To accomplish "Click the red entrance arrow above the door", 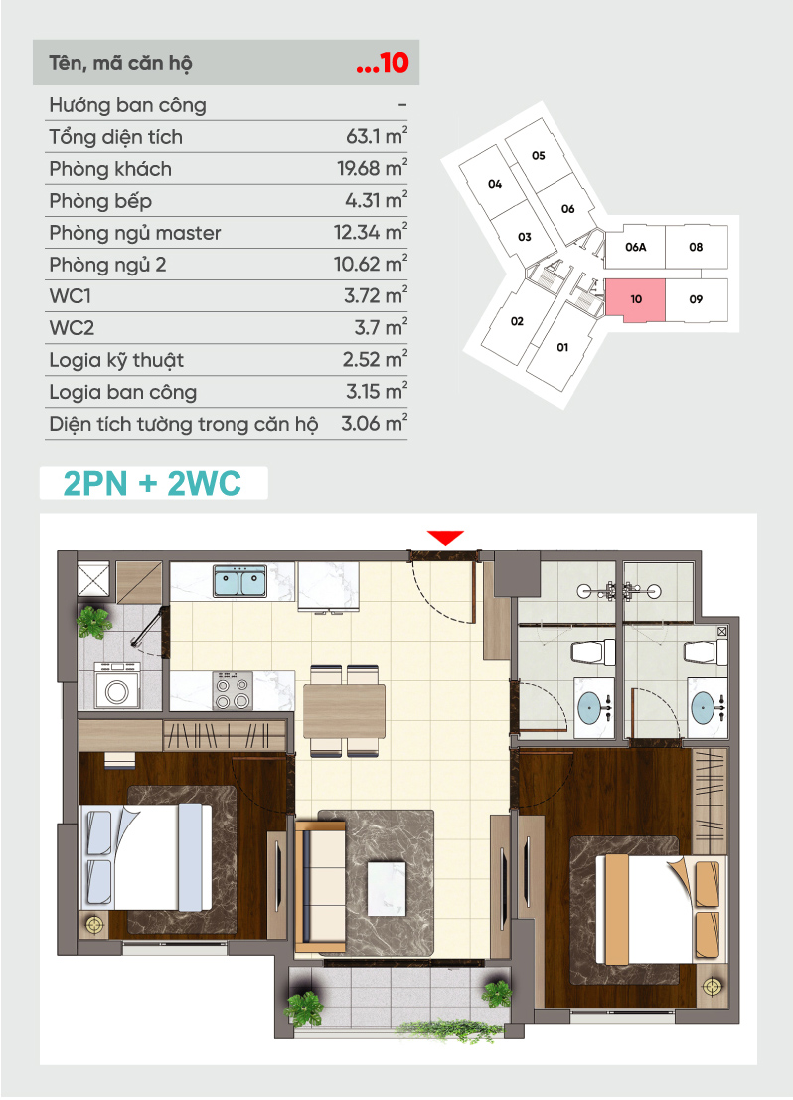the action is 445,538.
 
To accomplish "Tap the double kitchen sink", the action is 239,581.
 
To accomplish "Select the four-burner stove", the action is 233,691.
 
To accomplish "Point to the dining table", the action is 344,711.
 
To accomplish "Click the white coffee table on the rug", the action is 387,888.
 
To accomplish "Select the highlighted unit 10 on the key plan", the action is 635,298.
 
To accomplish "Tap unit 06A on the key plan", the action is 635,247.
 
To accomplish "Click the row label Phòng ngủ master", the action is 134,233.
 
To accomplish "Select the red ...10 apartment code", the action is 383,62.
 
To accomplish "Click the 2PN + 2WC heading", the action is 152,484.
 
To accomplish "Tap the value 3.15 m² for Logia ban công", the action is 377,391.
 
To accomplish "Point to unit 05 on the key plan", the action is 538,156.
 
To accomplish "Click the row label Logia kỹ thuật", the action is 116,361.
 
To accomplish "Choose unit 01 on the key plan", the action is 562,347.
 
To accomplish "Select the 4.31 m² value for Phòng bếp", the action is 377,200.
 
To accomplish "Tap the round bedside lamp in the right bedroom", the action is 712,987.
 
